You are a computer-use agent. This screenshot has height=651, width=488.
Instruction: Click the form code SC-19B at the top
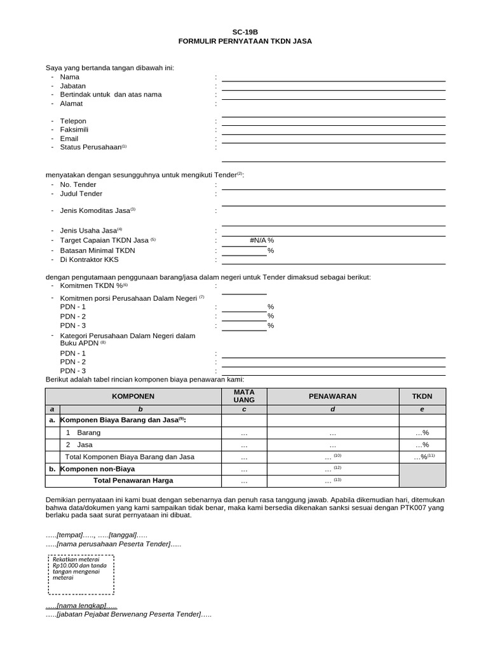(x=245, y=31)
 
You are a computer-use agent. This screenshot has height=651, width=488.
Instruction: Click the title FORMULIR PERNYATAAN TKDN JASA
(x=245, y=41)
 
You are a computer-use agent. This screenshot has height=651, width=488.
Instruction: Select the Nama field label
(x=70, y=77)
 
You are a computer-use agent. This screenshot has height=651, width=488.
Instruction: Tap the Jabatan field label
(x=72, y=86)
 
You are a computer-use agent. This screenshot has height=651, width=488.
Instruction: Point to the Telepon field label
(x=73, y=121)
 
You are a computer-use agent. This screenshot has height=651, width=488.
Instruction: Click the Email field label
(x=69, y=139)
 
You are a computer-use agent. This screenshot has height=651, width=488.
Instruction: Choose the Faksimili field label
(x=74, y=130)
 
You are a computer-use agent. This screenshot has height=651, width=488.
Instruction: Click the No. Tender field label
(x=78, y=184)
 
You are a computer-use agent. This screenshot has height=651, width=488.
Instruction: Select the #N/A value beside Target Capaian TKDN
(x=259, y=241)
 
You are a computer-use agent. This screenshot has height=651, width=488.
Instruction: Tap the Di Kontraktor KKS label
(x=90, y=259)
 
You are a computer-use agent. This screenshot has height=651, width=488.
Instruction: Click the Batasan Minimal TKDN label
(x=97, y=250)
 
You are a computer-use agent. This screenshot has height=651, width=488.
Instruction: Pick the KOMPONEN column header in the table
(x=133, y=396)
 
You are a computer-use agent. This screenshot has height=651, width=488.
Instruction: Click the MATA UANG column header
(x=244, y=396)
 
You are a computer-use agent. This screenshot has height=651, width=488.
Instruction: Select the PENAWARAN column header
(x=332, y=396)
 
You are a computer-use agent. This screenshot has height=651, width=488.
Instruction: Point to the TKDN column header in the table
(x=422, y=396)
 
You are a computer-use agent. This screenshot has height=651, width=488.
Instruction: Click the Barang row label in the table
(x=89, y=432)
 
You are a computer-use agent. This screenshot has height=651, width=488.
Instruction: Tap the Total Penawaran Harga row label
(x=133, y=481)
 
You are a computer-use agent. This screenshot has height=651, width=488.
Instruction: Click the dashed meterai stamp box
(x=81, y=573)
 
